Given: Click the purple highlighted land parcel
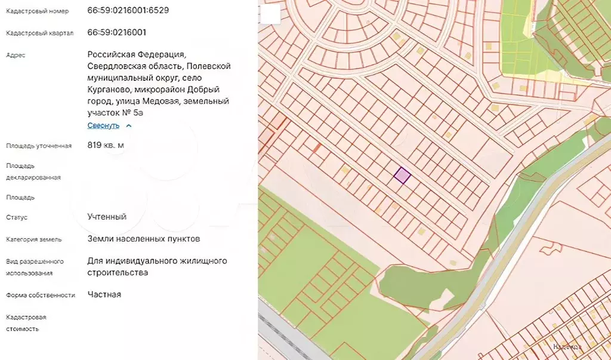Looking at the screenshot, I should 402,175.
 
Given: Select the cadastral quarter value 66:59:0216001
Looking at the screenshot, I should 116,32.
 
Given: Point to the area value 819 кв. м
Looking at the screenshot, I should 106,144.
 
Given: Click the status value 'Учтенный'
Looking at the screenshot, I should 107,217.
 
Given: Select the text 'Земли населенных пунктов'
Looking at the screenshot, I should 143,239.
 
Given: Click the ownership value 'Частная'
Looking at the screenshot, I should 104,294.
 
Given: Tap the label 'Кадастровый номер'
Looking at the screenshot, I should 37,11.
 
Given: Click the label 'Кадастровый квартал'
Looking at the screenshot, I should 40,33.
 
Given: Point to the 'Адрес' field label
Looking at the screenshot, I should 16,55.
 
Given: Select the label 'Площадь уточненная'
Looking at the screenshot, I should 39,146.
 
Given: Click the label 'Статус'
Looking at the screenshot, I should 17,217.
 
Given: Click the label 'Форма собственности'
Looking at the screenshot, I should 40,295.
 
